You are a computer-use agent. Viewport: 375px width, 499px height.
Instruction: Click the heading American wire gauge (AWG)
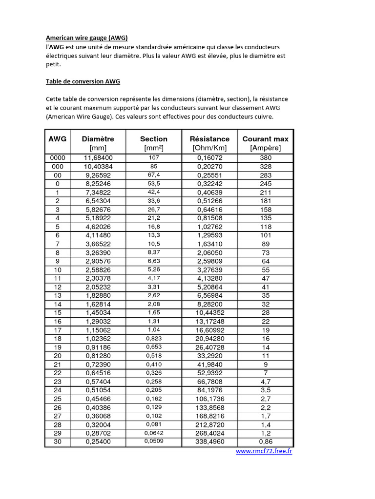click(87, 38)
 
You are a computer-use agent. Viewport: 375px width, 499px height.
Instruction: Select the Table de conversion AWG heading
click(83, 81)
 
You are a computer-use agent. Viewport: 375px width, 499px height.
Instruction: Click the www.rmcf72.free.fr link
click(264, 451)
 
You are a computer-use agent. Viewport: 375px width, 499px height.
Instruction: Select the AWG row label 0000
click(58, 158)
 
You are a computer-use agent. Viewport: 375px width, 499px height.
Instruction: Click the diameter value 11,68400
click(98, 158)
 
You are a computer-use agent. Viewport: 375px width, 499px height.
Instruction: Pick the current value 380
click(266, 158)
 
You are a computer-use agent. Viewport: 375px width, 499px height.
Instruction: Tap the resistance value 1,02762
click(209, 227)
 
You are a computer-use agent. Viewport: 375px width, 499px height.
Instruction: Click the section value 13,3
click(154, 235)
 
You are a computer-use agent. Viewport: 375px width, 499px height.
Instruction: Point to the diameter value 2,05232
click(98, 287)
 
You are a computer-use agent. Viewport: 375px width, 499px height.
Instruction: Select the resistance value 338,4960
click(209, 442)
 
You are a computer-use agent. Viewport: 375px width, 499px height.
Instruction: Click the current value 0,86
click(266, 442)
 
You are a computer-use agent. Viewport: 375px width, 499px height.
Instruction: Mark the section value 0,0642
click(154, 433)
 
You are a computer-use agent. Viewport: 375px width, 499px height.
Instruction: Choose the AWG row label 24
click(58, 390)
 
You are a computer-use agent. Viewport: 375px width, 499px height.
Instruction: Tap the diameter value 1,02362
click(98, 339)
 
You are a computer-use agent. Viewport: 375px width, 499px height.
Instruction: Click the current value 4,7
click(266, 382)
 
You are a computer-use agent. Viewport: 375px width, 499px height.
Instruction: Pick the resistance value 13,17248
click(209, 322)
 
